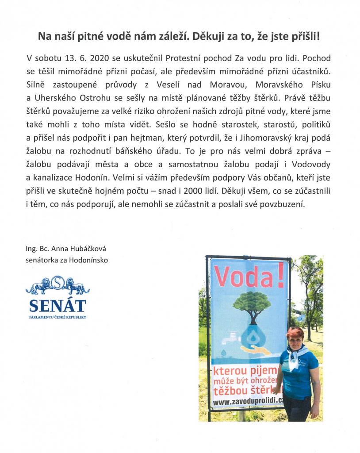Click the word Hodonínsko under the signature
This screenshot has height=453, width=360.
pyautogui.click(x=84, y=260)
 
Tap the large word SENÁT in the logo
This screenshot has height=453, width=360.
pyautogui.click(x=57, y=305)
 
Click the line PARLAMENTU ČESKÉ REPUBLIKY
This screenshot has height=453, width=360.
pyautogui.click(x=57, y=318)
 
